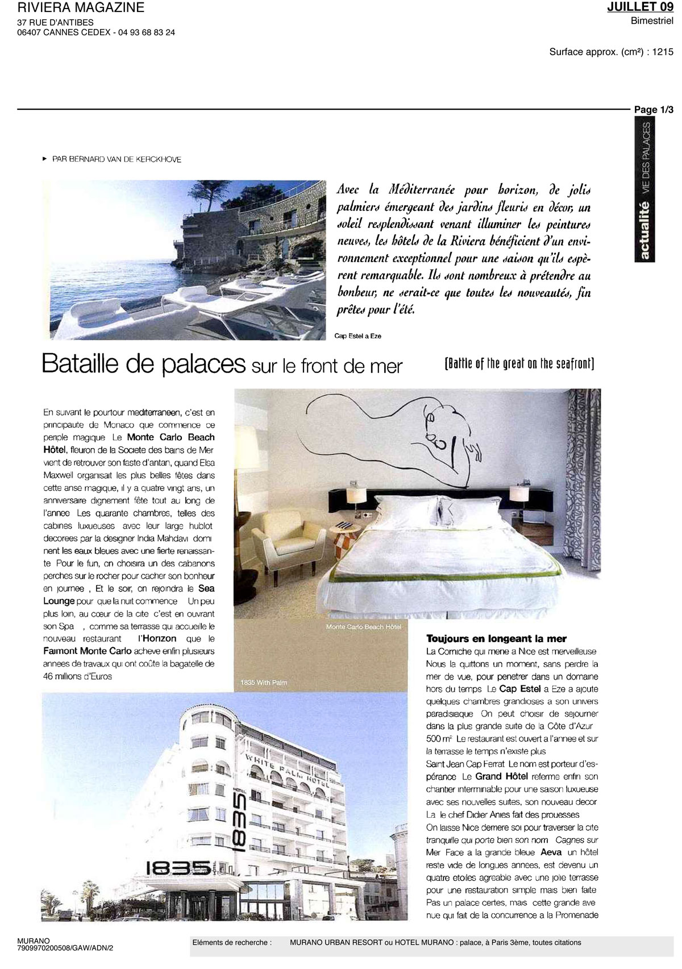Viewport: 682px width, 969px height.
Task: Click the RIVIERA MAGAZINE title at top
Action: point(81,8)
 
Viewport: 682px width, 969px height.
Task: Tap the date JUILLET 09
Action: point(640,7)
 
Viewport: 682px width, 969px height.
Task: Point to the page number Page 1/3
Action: point(654,110)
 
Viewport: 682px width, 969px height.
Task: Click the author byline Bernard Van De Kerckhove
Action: point(117,159)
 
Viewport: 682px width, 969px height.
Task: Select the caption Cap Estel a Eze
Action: point(357,336)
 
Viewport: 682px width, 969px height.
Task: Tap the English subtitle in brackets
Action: point(519,364)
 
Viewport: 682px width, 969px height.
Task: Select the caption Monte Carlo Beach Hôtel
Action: point(364,627)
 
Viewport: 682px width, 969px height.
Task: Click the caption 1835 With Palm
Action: point(264,682)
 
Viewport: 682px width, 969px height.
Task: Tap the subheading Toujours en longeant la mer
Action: point(496,639)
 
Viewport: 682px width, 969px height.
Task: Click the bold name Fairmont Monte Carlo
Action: point(88,651)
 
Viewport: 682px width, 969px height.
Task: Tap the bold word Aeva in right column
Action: point(551,852)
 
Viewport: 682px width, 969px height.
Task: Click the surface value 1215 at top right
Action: point(663,52)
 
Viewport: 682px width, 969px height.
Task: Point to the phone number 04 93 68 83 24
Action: point(147,32)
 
